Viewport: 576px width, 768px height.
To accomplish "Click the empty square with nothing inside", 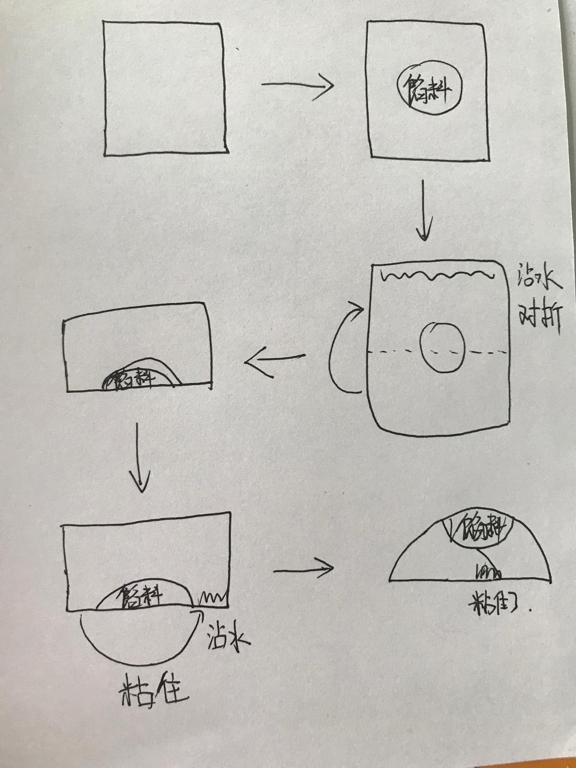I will point(165,89).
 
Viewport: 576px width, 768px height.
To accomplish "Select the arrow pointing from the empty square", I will point(297,85).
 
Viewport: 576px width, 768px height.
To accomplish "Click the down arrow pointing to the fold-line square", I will point(425,209).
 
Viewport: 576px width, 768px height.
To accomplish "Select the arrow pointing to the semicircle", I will point(304,568).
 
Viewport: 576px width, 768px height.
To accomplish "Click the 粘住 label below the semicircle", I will point(497,608).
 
